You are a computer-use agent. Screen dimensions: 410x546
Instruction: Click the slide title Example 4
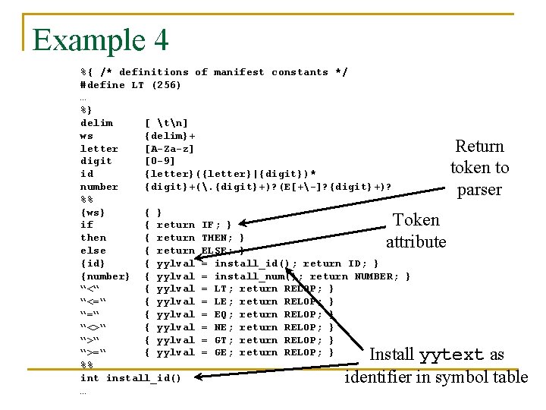pyautogui.click(x=100, y=39)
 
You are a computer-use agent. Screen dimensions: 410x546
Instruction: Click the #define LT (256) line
pyautogui.click(x=130, y=85)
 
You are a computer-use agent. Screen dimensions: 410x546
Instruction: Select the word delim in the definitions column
pyautogui.click(x=96, y=123)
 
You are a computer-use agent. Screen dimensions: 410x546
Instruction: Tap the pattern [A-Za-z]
pyautogui.click(x=169, y=149)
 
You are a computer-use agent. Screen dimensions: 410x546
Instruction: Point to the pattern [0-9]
pyautogui.click(x=159, y=161)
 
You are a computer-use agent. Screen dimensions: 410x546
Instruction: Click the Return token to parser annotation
pyautogui.click(x=479, y=168)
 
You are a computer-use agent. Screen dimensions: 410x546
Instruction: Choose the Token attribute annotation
pyautogui.click(x=416, y=231)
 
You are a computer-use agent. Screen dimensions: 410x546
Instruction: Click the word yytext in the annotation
pyautogui.click(x=450, y=355)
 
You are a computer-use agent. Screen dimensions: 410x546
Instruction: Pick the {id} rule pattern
pyautogui.click(x=93, y=263)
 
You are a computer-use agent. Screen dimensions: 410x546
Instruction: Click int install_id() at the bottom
pyautogui.click(x=130, y=378)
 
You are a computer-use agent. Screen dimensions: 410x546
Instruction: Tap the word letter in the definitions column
pyautogui.click(x=99, y=149)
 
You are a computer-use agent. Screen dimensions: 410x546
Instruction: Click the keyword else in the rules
pyautogui.click(x=93, y=251)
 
